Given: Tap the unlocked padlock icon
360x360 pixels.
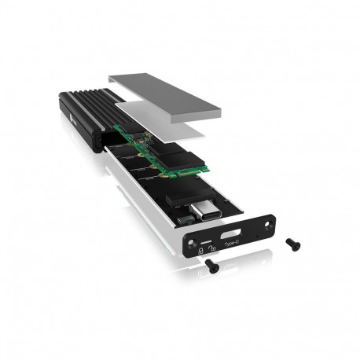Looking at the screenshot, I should [215, 250].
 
